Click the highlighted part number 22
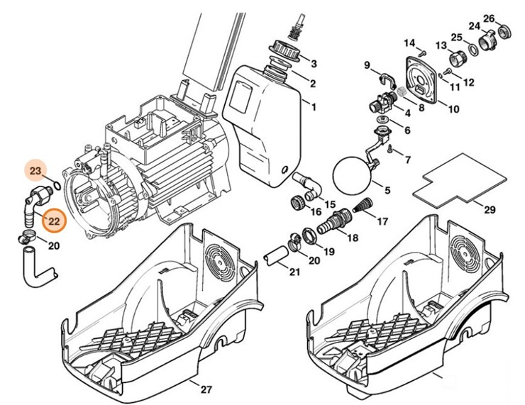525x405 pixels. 54,221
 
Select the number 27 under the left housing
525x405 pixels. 206,389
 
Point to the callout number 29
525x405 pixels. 489,210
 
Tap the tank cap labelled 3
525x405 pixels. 283,53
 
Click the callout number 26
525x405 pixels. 509,18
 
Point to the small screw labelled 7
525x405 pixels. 391,147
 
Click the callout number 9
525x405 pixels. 367,66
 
